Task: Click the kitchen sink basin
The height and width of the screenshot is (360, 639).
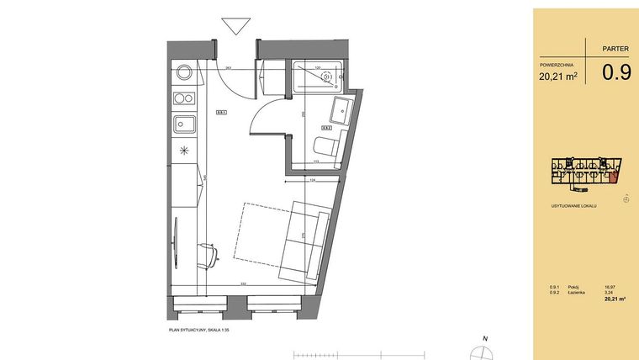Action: [185, 125]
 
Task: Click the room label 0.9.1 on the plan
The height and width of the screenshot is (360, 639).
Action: [222, 112]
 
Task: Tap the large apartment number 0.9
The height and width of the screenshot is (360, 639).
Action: [616, 72]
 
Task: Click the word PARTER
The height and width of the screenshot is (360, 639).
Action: [616, 50]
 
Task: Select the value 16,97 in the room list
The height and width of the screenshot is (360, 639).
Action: [610, 286]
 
